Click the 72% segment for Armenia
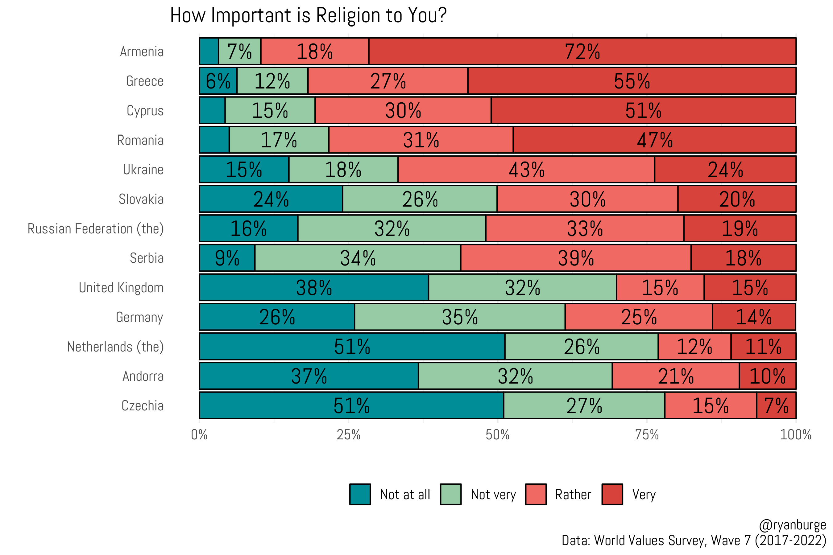[582, 51]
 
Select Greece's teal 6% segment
[218, 81]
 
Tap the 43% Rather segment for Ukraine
[526, 170]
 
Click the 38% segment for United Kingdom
[314, 287]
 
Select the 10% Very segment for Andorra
[768, 376]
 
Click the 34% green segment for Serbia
[358, 258]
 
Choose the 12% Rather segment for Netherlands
[694, 347]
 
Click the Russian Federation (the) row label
[96, 229]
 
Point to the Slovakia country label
[141, 199]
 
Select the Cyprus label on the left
[145, 111]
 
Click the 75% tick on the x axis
[647, 435]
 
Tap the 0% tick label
[199, 435]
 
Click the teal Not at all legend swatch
[360, 494]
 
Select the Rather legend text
[573, 495]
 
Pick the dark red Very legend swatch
[612, 494]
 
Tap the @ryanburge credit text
[792, 525]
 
